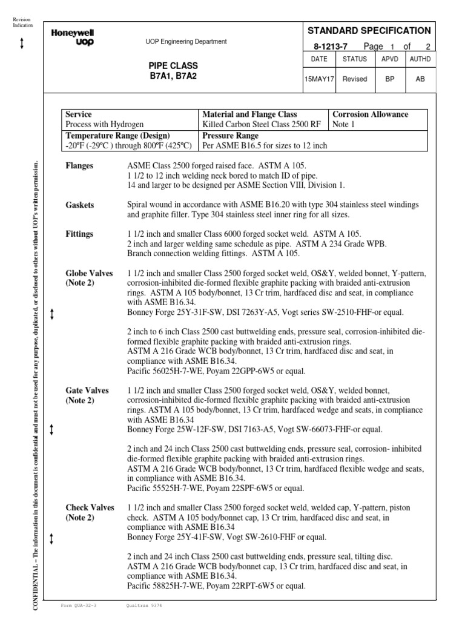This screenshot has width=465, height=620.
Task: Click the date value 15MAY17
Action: (318, 79)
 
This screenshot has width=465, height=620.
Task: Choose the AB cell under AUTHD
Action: (420, 79)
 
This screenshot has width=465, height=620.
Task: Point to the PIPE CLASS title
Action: (173, 65)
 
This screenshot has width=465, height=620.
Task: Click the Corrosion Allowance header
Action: (371, 114)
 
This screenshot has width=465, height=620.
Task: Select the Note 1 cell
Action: (345, 125)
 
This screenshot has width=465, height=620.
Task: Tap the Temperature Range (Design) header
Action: (117, 136)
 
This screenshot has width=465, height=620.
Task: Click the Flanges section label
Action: (79, 165)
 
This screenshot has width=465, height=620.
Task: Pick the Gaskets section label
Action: (80, 205)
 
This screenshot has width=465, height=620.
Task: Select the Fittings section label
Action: (79, 234)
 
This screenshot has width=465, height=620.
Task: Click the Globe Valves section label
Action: (89, 274)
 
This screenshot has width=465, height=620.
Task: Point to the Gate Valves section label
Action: (87, 391)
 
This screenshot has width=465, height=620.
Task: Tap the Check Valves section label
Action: (90, 507)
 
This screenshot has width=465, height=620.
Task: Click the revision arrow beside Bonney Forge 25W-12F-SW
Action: (52, 430)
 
